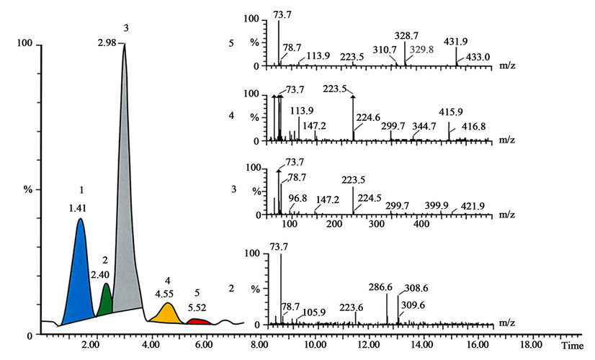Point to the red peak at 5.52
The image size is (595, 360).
[199, 321]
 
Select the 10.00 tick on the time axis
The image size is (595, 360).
[314, 346]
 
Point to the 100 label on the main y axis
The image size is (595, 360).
[24, 45]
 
